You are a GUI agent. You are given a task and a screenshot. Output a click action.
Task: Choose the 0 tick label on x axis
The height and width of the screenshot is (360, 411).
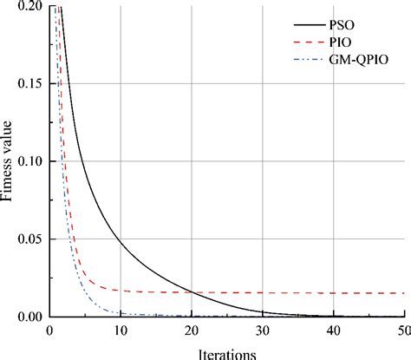[50, 332]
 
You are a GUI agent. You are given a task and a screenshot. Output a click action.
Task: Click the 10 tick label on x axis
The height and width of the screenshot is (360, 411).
[121, 332]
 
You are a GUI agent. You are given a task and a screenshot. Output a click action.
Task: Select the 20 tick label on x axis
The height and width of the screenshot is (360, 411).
[192, 332]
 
